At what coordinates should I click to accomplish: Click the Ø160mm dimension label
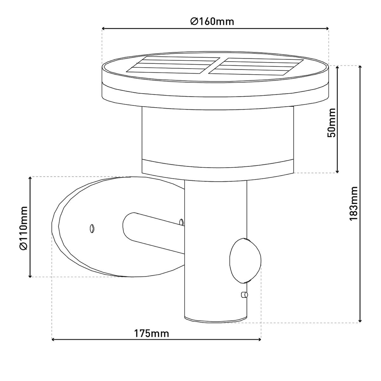click(x=212, y=22)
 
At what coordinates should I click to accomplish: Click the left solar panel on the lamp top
click(x=173, y=64)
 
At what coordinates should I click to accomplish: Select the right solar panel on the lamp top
click(x=256, y=66)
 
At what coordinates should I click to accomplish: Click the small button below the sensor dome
click(x=244, y=301)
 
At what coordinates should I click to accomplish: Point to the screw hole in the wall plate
click(x=92, y=228)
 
